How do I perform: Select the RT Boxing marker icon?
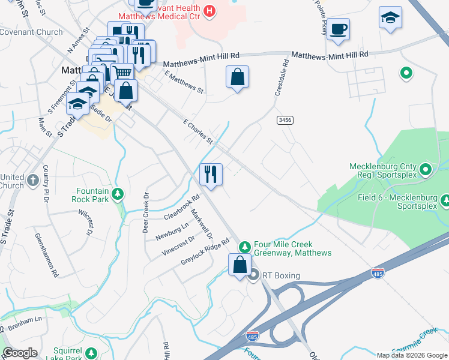(253, 276)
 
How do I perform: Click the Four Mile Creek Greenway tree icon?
(245, 247)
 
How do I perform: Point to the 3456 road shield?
(285, 121)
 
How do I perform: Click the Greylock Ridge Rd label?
(205, 253)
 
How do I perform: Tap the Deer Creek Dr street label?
(145, 212)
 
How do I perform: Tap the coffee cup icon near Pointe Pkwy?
(338, 29)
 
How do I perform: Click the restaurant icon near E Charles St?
(211, 175)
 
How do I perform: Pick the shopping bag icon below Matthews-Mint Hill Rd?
(238, 77)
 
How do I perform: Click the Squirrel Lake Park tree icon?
(91, 353)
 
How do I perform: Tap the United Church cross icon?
(33, 179)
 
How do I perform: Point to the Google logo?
(20, 352)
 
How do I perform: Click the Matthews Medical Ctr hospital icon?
(209, 10)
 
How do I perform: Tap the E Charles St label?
(198, 131)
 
